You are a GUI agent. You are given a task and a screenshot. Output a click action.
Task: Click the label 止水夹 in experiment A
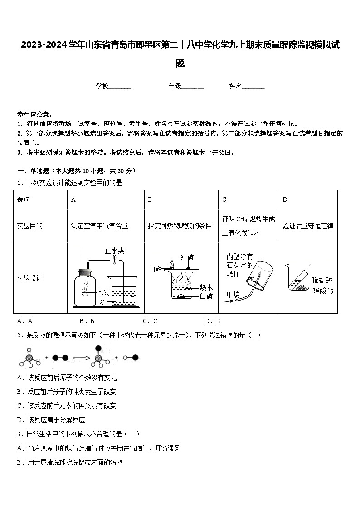click(x=114, y=251)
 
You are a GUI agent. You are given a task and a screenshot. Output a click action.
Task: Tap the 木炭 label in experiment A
click(x=103, y=293)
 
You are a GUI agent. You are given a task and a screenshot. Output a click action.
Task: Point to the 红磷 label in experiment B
click(x=187, y=257)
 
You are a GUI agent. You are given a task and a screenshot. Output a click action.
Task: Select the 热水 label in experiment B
click(x=206, y=287)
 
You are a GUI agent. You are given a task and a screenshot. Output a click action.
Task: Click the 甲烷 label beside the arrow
click(x=234, y=295)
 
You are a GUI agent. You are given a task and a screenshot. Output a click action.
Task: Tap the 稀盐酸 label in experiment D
click(x=322, y=280)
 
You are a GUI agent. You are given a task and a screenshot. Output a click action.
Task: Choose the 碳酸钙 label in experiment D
click(x=322, y=291)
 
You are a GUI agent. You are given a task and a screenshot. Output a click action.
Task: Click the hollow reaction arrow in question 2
click(x=82, y=358)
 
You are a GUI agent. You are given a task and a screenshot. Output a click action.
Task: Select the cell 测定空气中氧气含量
click(x=99, y=226)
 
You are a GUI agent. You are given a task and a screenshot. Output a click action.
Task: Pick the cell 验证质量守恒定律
click(x=308, y=226)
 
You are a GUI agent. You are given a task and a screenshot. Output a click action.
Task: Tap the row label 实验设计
click(x=29, y=278)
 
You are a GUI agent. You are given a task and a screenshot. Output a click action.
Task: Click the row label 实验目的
click(x=29, y=226)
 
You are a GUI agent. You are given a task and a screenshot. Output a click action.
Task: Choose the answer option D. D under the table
click(x=213, y=321)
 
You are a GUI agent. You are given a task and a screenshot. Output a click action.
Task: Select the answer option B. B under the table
click(x=87, y=321)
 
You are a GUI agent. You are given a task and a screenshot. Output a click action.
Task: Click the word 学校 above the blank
click(x=102, y=86)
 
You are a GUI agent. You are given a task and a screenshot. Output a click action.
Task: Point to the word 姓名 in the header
click(x=236, y=86)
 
